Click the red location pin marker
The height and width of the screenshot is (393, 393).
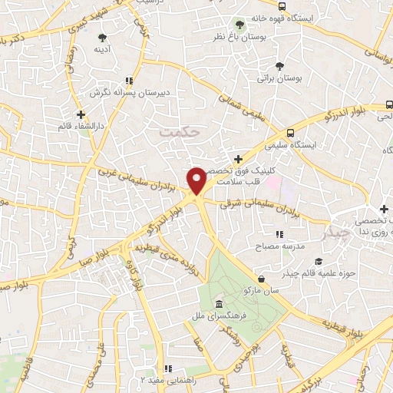point(197,180)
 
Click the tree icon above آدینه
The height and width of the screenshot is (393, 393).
point(102,37)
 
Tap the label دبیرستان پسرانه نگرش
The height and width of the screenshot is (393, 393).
point(128,92)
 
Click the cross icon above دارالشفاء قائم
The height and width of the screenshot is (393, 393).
point(81,114)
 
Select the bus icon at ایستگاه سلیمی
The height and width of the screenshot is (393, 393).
point(289,131)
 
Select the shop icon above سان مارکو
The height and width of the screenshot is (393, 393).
point(263,278)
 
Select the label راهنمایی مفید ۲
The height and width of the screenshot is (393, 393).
point(168,379)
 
